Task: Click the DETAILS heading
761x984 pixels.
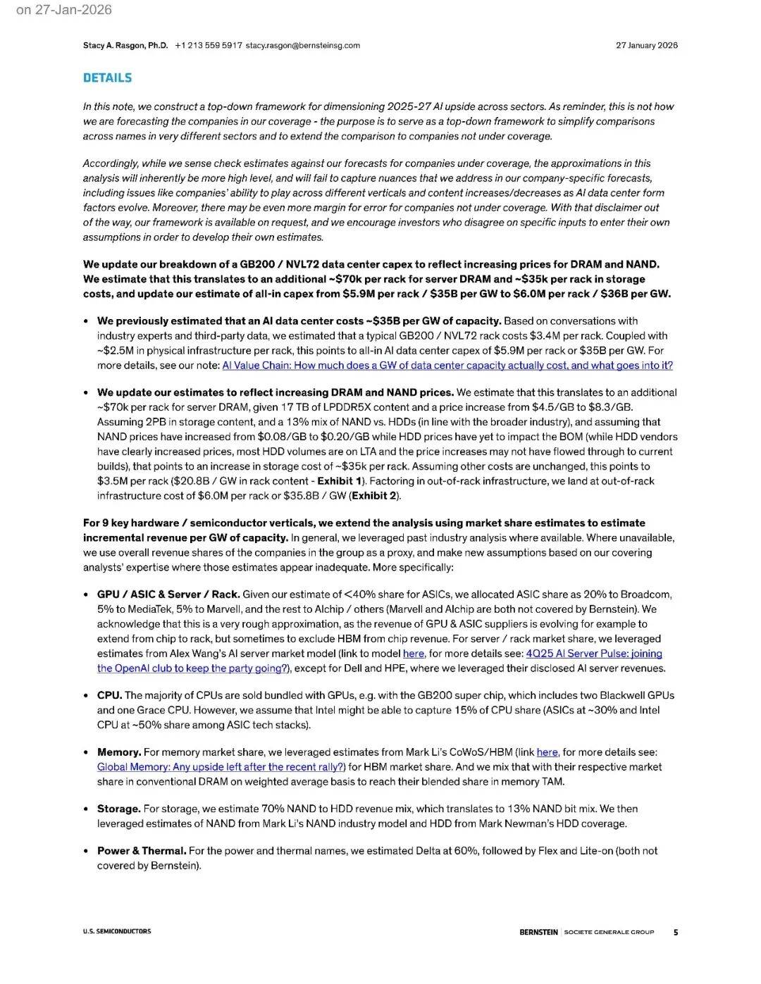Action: [x=107, y=78]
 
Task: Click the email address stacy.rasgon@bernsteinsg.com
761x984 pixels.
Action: [x=303, y=46]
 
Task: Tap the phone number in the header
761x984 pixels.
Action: [x=209, y=46]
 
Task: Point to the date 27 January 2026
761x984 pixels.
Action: [x=646, y=46]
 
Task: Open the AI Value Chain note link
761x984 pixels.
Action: [x=447, y=366]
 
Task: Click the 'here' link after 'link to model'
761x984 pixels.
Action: [x=414, y=654]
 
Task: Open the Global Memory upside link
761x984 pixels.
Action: [x=221, y=767]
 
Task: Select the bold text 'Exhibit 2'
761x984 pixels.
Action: [x=374, y=496]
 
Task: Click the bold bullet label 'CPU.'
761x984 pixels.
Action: [x=109, y=696]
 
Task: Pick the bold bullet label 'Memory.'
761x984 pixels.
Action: [x=119, y=753]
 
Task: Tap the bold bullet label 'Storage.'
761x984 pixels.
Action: [x=118, y=809]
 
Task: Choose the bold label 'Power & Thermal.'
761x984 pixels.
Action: [x=142, y=851]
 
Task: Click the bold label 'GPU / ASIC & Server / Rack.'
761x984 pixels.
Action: [x=168, y=594]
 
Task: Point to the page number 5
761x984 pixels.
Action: [x=676, y=933]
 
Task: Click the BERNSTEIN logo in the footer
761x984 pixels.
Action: [x=538, y=933]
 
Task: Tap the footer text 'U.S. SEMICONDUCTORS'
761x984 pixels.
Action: [x=117, y=932]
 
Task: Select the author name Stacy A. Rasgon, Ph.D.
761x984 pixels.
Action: [x=125, y=46]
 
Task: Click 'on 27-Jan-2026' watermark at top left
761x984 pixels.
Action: [x=63, y=10]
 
